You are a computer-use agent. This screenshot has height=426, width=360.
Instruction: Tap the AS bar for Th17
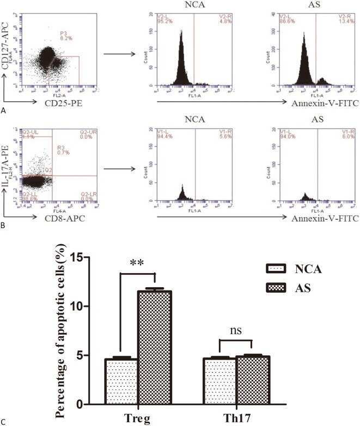(253, 380)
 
